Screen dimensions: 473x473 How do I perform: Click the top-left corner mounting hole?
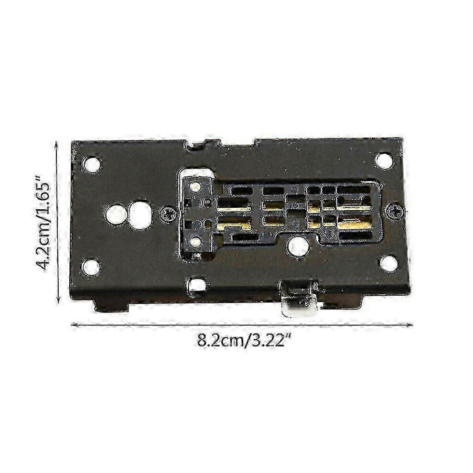(92, 165)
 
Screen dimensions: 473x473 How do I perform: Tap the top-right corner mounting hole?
(384, 160)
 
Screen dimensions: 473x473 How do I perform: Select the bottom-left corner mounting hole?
(91, 267)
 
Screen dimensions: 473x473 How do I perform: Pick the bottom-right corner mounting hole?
(388, 263)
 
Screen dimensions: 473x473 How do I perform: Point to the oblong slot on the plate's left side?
(140, 215)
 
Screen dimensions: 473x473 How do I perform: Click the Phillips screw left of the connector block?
(167, 215)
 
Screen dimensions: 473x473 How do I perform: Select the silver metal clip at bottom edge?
(300, 299)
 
